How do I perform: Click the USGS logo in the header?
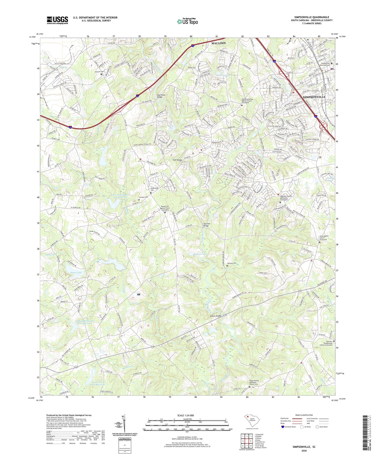57,20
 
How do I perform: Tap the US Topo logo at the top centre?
187,21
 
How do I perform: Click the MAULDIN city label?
218,43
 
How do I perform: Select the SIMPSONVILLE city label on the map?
314,97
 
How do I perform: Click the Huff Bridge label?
177,160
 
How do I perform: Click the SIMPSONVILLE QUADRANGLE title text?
312,17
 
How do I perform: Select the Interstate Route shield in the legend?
283,427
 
